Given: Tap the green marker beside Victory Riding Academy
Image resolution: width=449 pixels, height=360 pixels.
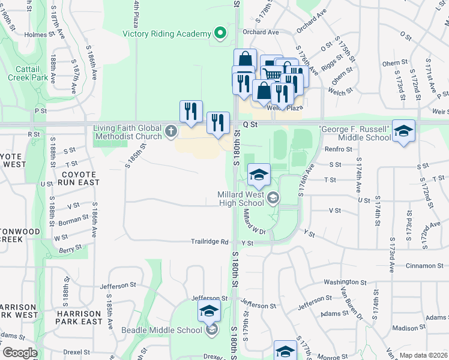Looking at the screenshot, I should point(220,33).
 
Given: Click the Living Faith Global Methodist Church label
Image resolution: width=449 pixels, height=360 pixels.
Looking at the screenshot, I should point(128,132).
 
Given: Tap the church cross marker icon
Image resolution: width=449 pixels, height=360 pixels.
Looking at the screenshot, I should point(171,131).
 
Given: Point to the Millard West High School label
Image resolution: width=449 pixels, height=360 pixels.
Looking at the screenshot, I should point(243,199).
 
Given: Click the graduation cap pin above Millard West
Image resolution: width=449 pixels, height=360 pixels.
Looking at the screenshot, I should point(259,175).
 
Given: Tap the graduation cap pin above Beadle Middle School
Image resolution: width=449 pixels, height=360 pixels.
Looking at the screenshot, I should point(209,310).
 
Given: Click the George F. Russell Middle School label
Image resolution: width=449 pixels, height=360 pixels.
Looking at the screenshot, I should point(356,134).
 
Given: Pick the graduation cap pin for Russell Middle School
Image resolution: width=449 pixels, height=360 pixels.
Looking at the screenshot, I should point(404,131).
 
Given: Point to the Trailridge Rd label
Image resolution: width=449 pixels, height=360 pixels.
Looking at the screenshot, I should point(210,242).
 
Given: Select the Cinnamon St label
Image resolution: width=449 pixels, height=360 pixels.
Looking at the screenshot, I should point(423,266).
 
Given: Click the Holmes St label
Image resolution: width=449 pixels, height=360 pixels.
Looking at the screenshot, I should point(35,35).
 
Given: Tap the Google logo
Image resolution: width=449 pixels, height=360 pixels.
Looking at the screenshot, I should point(20,353).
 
